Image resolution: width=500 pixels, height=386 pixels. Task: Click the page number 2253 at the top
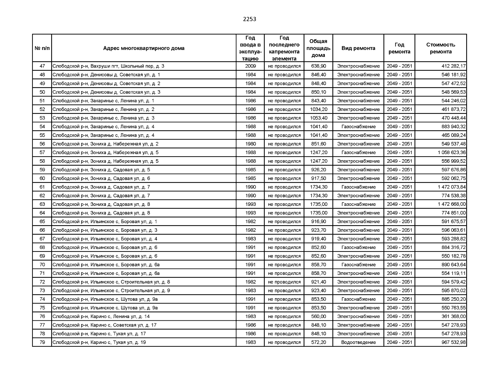250,19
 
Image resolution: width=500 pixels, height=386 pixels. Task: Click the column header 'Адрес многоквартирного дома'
144,48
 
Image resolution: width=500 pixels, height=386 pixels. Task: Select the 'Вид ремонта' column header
358,48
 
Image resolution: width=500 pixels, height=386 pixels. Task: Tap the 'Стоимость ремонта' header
440,48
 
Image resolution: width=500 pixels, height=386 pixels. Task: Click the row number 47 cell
42,66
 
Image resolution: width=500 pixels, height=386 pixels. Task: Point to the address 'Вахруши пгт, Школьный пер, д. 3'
108,66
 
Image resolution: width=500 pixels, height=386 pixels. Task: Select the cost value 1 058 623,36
451,152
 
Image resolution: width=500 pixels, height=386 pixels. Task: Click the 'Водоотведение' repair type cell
358,342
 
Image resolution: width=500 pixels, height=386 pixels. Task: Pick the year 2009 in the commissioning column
250,66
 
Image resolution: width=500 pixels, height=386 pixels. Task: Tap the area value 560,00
318,317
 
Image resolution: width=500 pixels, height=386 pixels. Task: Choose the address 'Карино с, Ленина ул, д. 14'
101,317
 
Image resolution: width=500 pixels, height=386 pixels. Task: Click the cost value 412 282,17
453,66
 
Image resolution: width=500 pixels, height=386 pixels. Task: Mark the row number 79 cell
42,342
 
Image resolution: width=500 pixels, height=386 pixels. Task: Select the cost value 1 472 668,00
451,204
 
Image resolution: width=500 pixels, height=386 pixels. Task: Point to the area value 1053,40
318,118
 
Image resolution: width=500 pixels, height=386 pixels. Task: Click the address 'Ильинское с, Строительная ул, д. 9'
111,290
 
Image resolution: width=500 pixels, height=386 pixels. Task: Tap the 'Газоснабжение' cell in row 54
358,127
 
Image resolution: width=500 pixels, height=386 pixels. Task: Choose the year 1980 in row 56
250,144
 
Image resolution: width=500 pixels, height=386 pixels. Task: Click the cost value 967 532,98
453,342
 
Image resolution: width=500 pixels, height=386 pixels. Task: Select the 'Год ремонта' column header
399,48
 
